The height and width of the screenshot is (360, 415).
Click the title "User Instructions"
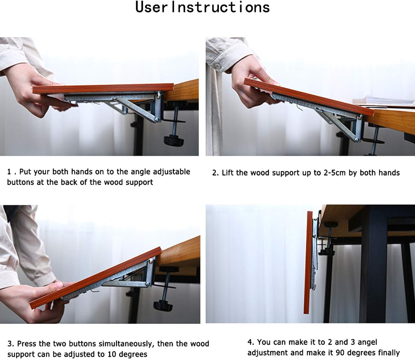[x=202, y=7]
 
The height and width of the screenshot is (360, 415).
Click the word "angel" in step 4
[x=367, y=342]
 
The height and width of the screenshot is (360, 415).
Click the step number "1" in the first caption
[x=9, y=172]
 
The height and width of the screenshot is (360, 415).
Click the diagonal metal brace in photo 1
[x=136, y=109]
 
